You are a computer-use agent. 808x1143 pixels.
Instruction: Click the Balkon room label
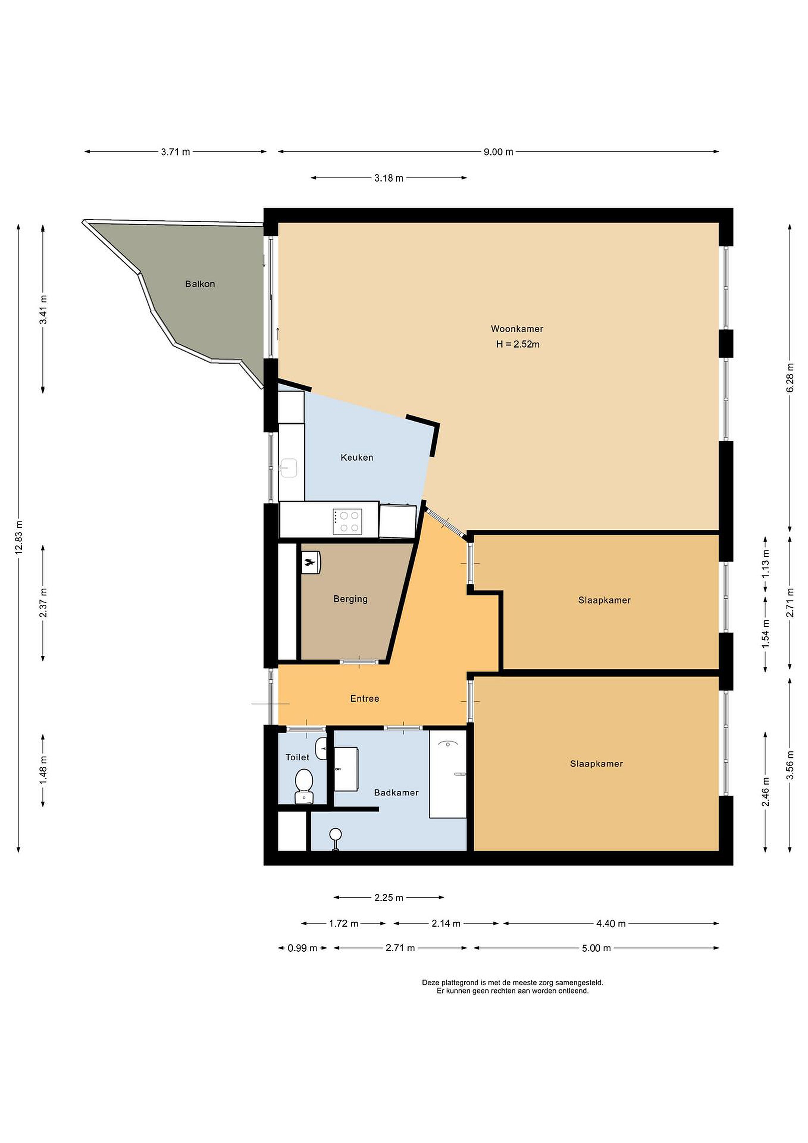[x=200, y=284]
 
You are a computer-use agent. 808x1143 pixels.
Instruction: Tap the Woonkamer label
[x=517, y=329]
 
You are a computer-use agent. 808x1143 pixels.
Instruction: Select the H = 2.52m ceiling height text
[x=517, y=344]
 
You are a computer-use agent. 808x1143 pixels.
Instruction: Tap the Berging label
[x=350, y=599]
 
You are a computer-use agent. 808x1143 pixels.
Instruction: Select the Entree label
[x=365, y=698]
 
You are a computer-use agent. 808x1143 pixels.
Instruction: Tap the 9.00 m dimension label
[x=498, y=152]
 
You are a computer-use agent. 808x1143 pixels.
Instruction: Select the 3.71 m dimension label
[x=175, y=152]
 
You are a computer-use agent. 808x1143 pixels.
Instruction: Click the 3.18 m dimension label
[x=389, y=178]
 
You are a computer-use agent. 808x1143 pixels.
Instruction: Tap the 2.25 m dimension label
[x=389, y=898]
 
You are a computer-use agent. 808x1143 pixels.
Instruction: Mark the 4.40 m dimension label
[x=610, y=924]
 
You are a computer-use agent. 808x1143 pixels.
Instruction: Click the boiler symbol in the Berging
[x=311, y=562]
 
